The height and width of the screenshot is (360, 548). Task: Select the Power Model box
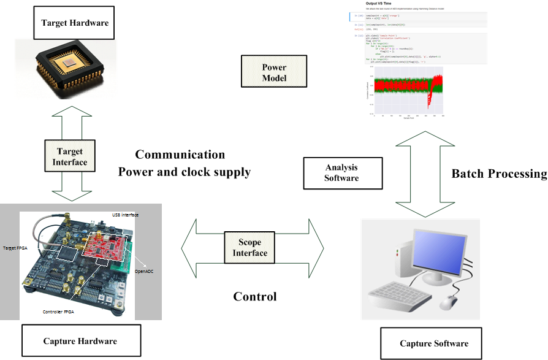273,72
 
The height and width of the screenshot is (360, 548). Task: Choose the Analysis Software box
341,172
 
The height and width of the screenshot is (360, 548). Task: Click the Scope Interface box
253,248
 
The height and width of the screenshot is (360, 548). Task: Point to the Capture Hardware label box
80,340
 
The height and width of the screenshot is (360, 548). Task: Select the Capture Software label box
433,343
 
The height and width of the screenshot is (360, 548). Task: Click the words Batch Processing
499,174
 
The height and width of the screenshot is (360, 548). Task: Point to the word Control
255,297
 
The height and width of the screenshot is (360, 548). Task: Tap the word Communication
180,155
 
